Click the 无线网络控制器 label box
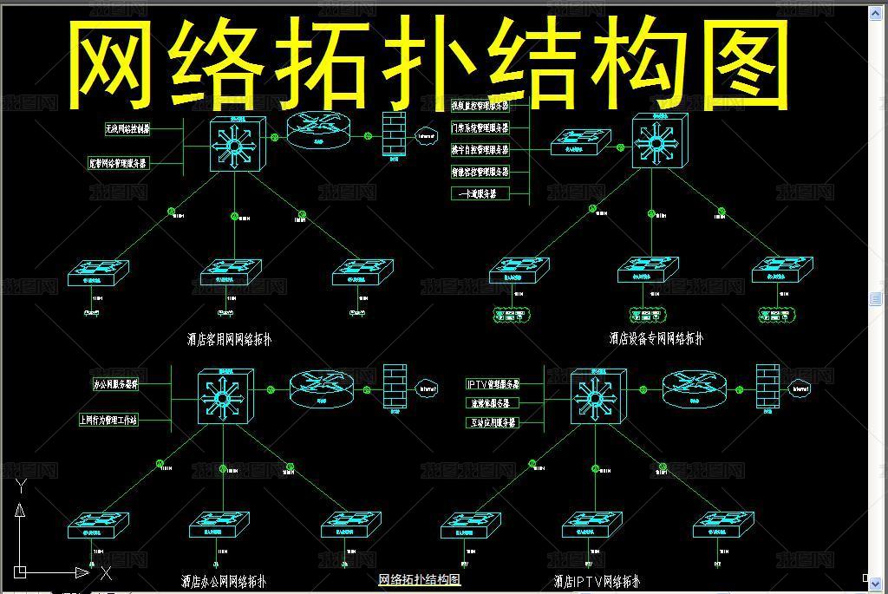click(x=127, y=129)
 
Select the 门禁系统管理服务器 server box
click(x=480, y=127)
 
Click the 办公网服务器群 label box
click(x=115, y=383)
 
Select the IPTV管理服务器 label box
click(x=493, y=384)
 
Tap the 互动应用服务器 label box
click(x=493, y=422)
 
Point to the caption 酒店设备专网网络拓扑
click(x=656, y=339)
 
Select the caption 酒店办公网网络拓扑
click(x=224, y=581)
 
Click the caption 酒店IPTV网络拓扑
click(x=597, y=581)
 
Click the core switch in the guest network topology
click(x=236, y=145)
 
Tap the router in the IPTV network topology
click(x=694, y=390)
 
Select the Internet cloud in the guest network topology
click(x=426, y=136)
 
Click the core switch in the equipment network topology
click(x=656, y=141)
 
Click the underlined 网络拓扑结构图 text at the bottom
click(x=419, y=579)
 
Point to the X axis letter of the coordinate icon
click(x=106, y=573)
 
